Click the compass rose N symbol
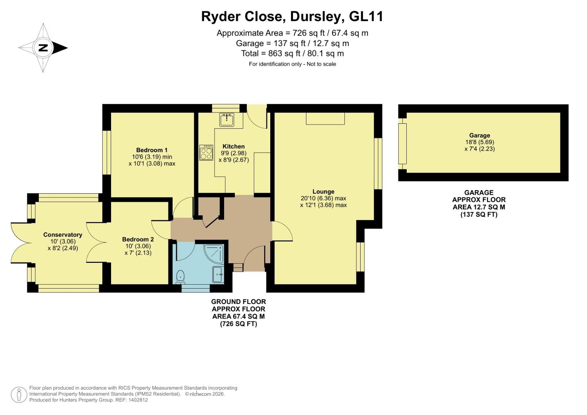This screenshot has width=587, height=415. pyautogui.click(x=43, y=48)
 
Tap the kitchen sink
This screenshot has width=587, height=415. pyautogui.click(x=227, y=120)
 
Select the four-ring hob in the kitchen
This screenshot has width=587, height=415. pyautogui.click(x=206, y=153)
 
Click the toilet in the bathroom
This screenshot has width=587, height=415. pyautogui.click(x=180, y=277)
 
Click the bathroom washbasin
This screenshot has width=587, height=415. pyautogui.click(x=218, y=274)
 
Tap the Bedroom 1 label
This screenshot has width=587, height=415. pyautogui.click(x=152, y=150)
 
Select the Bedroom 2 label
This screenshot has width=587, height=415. pyautogui.click(x=138, y=239)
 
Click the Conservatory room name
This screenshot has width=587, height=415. pyautogui.click(x=63, y=234)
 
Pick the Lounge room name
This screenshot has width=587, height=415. pyautogui.click(x=323, y=191)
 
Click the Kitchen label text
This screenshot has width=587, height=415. pyautogui.click(x=234, y=146)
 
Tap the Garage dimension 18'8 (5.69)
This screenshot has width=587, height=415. pyautogui.click(x=479, y=142)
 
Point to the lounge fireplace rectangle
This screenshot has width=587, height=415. pyautogui.click(x=325, y=118)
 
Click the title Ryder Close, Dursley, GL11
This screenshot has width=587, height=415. pyautogui.click(x=292, y=17)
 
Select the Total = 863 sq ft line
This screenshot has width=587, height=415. pyautogui.click(x=292, y=53)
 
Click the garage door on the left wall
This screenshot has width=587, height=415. pyautogui.click(x=402, y=143)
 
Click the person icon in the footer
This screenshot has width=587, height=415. pyautogui.click(x=18, y=395)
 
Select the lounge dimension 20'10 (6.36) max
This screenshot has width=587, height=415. pyautogui.click(x=323, y=198)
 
